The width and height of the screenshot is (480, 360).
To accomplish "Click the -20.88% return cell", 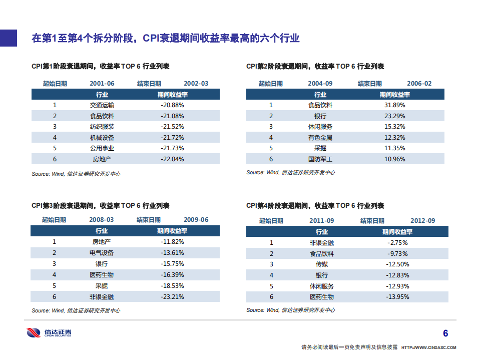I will [x=172, y=105].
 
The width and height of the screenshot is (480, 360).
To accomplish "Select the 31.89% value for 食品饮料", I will [x=394, y=105].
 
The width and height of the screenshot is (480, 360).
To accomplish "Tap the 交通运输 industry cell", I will [x=102, y=105].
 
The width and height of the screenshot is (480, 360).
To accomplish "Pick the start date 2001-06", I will [x=102, y=84].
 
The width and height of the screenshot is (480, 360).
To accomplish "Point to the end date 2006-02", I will [x=419, y=84].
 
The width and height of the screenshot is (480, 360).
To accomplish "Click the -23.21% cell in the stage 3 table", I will [x=172, y=296].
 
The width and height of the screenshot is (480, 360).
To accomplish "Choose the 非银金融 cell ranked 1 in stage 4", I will [x=321, y=243].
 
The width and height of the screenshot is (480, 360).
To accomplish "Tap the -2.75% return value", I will [x=397, y=243].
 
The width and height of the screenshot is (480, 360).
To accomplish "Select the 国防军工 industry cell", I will [x=320, y=159].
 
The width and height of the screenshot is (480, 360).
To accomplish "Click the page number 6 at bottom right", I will [x=445, y=333].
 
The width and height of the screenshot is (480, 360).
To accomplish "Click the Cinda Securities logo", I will [x=49, y=332].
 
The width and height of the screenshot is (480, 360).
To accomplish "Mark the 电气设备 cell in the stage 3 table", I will [x=102, y=253].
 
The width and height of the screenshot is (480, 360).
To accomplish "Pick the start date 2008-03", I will [x=102, y=220].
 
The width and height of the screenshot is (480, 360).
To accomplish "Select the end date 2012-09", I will [x=422, y=221].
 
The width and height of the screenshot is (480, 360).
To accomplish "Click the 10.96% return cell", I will [x=394, y=159].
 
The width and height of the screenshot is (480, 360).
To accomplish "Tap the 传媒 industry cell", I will [x=321, y=264].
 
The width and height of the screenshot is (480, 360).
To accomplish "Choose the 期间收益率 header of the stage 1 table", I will [x=172, y=94].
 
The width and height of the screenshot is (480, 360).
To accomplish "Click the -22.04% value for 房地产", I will [x=172, y=159].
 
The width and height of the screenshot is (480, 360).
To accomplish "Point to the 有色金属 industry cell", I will [x=320, y=138].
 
